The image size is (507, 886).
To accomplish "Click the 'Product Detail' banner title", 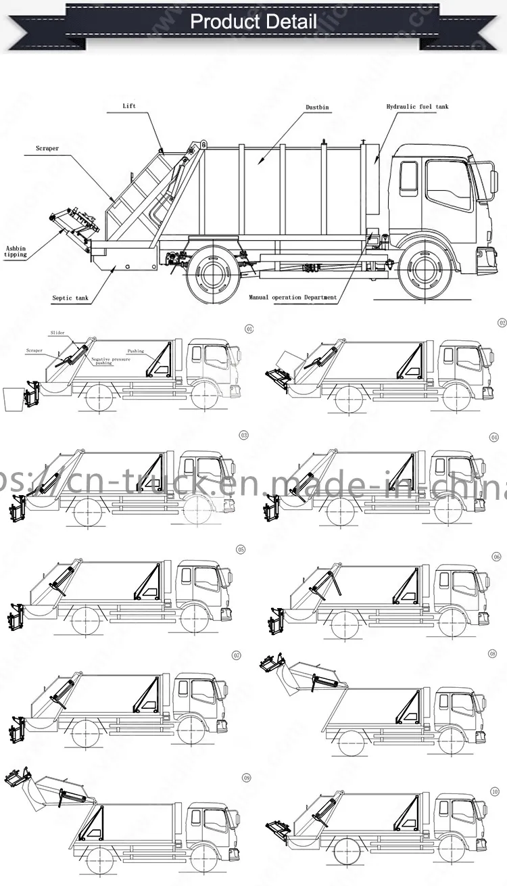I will pyautogui.click(x=253, y=21).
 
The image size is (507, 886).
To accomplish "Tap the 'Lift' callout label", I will pyautogui.click(x=129, y=106).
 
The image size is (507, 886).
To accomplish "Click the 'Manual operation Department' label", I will pyautogui.click(x=292, y=298).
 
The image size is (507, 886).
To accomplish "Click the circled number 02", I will pyautogui.click(x=502, y=324).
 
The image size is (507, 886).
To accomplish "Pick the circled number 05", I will pyautogui.click(x=241, y=549).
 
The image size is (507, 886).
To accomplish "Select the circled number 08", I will pyautogui.click(x=493, y=654).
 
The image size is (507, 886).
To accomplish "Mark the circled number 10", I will pyautogui.click(x=495, y=791).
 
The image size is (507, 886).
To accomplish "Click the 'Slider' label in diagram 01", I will pyautogui.click(x=57, y=333).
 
